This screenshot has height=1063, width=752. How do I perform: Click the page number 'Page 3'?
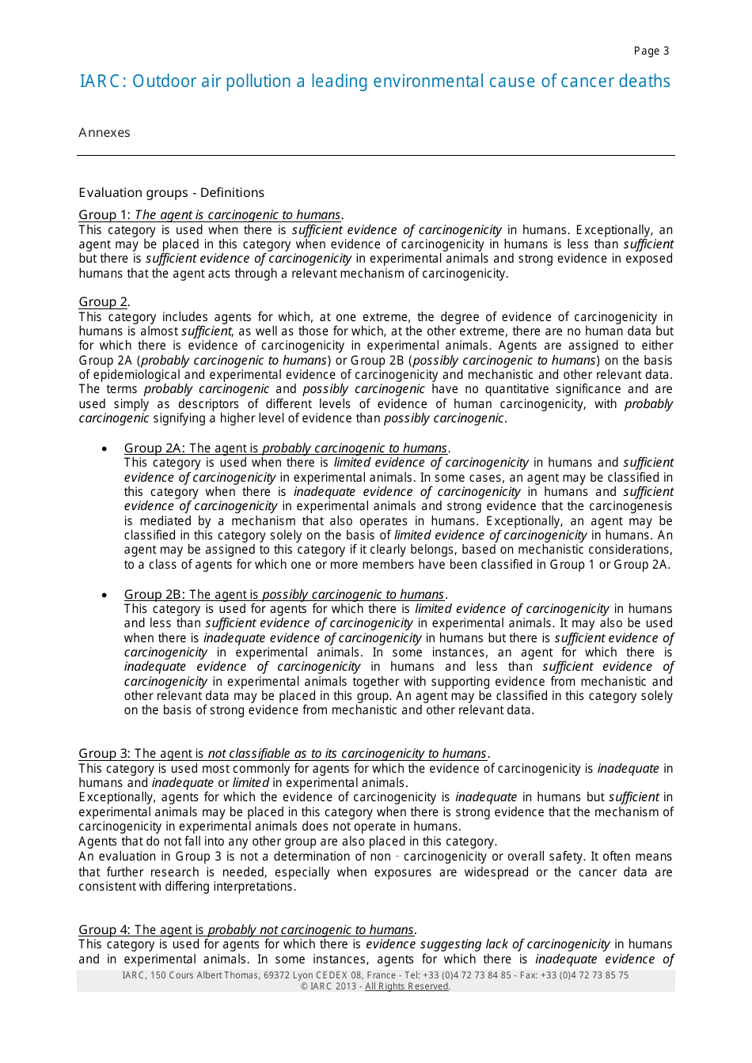(x=651, y=51)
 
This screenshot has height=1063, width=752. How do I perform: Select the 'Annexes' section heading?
(x=104, y=133)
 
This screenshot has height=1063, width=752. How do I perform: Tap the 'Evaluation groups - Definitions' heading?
(x=172, y=193)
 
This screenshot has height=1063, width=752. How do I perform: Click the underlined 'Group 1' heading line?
(x=211, y=215)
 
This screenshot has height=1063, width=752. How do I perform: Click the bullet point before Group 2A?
(x=104, y=449)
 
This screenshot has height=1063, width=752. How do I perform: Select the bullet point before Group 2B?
(x=104, y=596)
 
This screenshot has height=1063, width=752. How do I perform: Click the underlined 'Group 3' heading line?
(x=283, y=754)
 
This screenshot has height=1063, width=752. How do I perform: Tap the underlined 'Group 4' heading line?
(x=247, y=930)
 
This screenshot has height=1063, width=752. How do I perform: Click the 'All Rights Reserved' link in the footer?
(x=407, y=986)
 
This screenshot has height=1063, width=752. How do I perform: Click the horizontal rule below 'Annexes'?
(x=376, y=155)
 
